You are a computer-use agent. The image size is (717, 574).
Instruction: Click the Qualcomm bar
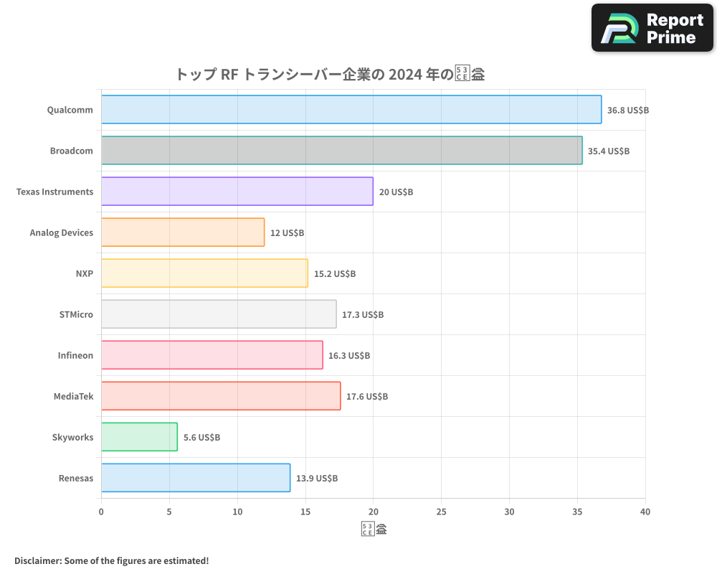(351, 110)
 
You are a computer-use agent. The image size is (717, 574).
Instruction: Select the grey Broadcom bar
(341, 151)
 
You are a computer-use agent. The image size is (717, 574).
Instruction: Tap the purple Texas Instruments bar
(237, 192)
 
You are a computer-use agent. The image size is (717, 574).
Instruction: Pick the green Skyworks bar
(139, 437)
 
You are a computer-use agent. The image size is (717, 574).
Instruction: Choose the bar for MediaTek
(221, 396)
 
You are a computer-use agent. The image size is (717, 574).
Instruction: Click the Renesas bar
(195, 478)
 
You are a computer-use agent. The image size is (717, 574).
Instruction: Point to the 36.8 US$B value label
(627, 110)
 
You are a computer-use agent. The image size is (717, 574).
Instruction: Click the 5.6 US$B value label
(201, 438)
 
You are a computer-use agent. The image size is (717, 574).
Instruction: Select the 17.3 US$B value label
(362, 315)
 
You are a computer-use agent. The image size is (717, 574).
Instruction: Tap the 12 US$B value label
(287, 233)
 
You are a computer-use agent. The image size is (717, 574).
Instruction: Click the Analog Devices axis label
(61, 233)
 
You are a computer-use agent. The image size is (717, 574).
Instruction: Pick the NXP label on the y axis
(84, 274)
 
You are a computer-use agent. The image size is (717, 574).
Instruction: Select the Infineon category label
(75, 356)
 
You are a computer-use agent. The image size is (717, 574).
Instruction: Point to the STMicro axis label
(76, 315)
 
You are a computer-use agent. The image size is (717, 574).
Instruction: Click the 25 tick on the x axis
(441, 512)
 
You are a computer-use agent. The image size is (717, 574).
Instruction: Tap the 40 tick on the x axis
(645, 512)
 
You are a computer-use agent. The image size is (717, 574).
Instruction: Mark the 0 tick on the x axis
(101, 512)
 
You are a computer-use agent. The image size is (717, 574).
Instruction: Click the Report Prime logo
(652, 28)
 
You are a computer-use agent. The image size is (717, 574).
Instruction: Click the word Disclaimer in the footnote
(37, 561)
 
